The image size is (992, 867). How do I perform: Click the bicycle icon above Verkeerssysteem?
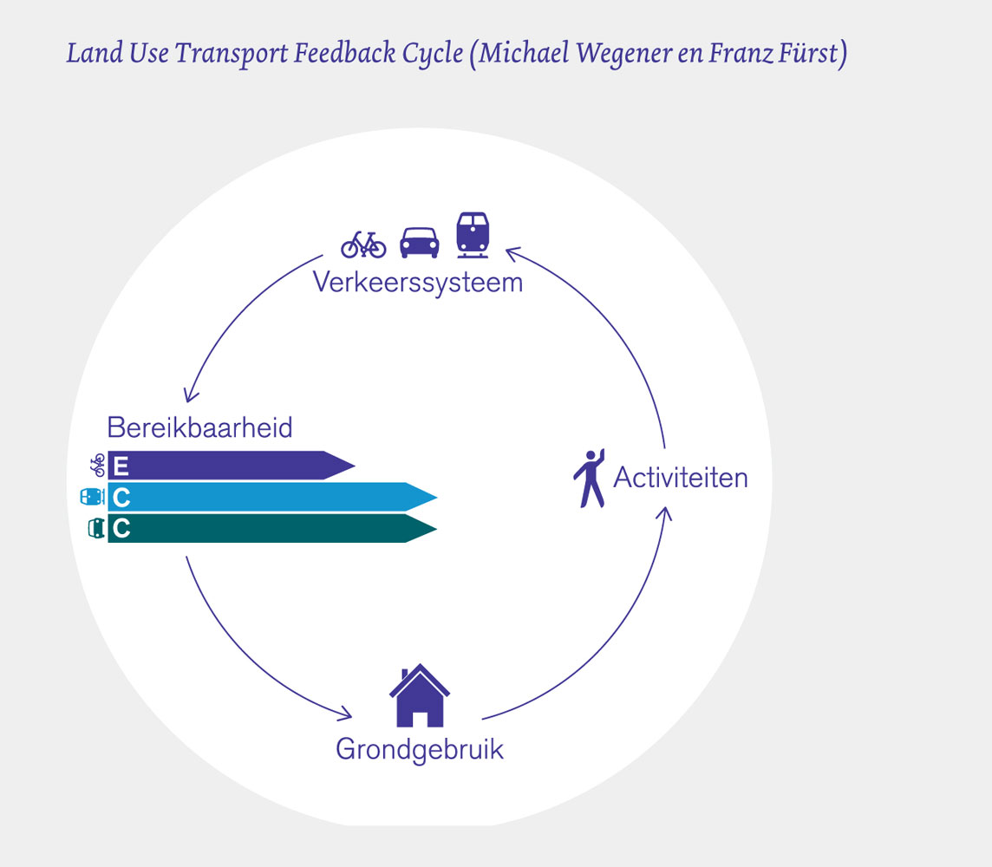(363, 244)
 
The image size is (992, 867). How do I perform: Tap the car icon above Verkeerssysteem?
(419, 242)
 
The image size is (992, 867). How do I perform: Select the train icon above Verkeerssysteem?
(473, 234)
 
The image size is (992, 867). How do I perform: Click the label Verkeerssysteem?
(418, 283)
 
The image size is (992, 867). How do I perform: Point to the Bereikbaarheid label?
(199, 427)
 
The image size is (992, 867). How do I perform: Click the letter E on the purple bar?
(121, 466)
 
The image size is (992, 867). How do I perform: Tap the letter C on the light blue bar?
(121, 498)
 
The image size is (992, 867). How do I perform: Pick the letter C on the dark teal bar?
(121, 529)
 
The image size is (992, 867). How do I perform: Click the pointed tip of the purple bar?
(352, 466)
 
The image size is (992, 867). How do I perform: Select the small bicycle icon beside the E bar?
(96, 466)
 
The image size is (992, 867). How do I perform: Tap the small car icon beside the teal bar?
(95, 529)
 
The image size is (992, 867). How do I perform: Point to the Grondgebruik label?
(420, 749)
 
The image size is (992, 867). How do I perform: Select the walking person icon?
(589, 478)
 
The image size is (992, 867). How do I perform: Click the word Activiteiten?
(680, 478)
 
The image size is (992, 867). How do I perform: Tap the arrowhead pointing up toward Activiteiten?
(663, 513)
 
